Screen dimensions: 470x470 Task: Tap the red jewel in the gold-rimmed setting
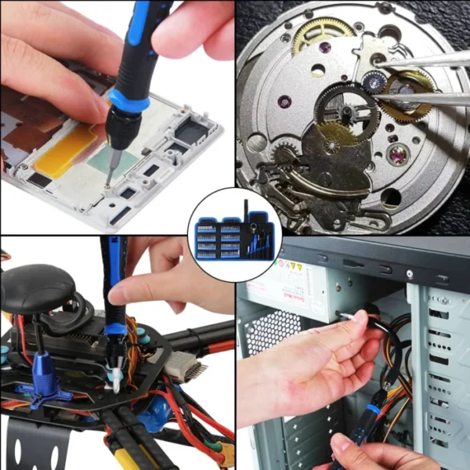(x=397, y=154)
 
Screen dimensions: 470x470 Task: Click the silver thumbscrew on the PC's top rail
(x=408, y=275)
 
